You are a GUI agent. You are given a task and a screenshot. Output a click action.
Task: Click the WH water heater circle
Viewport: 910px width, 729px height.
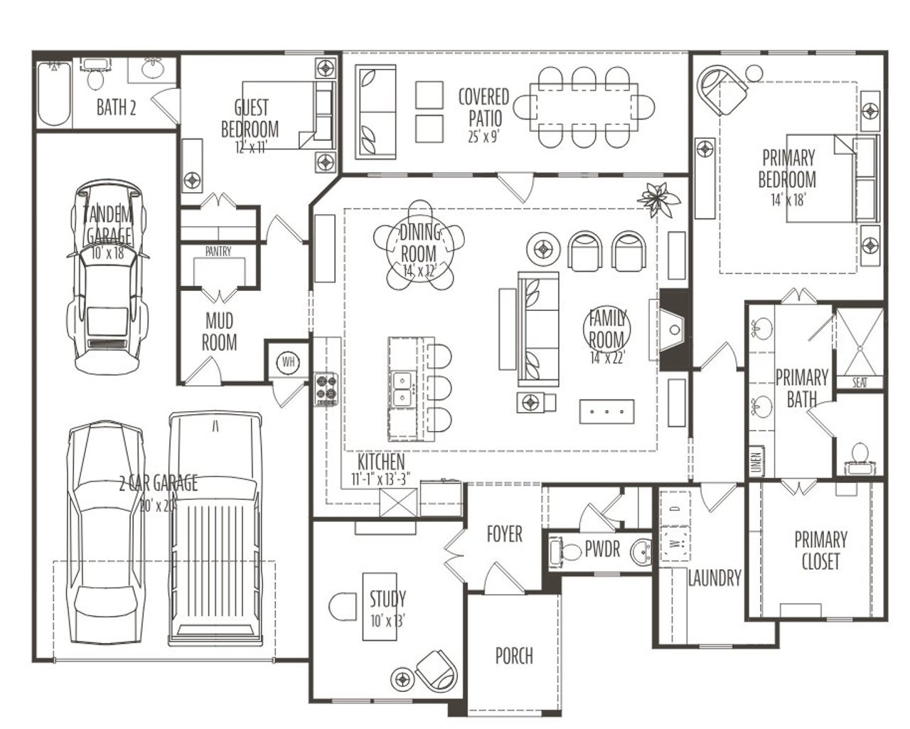point(288,361)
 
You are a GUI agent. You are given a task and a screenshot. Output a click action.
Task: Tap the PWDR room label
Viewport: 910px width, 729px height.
point(602,550)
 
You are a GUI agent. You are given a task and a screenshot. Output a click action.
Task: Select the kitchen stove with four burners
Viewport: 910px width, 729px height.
point(326,389)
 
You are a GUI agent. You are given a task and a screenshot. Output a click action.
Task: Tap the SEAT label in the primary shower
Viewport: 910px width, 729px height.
point(860,383)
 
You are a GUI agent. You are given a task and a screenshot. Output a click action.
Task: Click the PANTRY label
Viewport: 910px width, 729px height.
point(218,251)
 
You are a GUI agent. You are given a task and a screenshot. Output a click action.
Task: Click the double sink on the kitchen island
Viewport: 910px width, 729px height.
point(402,388)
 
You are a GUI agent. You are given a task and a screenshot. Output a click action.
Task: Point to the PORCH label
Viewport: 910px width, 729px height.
point(513,656)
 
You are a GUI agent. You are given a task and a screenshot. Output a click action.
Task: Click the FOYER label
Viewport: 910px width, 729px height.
point(504,534)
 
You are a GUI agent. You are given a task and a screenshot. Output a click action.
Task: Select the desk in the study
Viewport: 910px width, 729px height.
point(379,605)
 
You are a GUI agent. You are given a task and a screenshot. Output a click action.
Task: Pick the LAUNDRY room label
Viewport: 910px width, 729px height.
point(714,578)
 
